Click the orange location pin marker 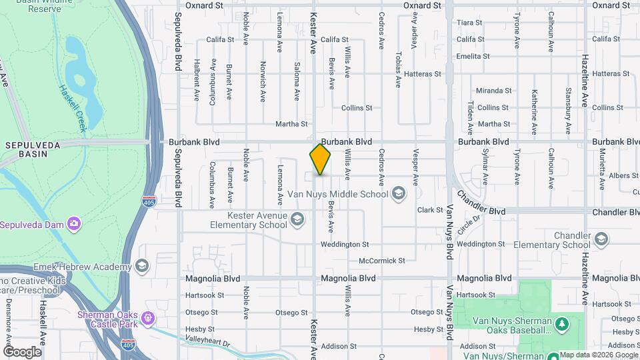[x=320, y=159]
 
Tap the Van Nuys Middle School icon [x=398, y=194]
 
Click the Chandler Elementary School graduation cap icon [x=601, y=239]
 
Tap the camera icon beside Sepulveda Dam [x=75, y=223]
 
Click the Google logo [x=22, y=351]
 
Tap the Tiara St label [x=469, y=23]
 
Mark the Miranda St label [x=494, y=91]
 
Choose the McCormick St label [x=381, y=261]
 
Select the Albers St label [x=624, y=176]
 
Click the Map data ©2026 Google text [x=598, y=355]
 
